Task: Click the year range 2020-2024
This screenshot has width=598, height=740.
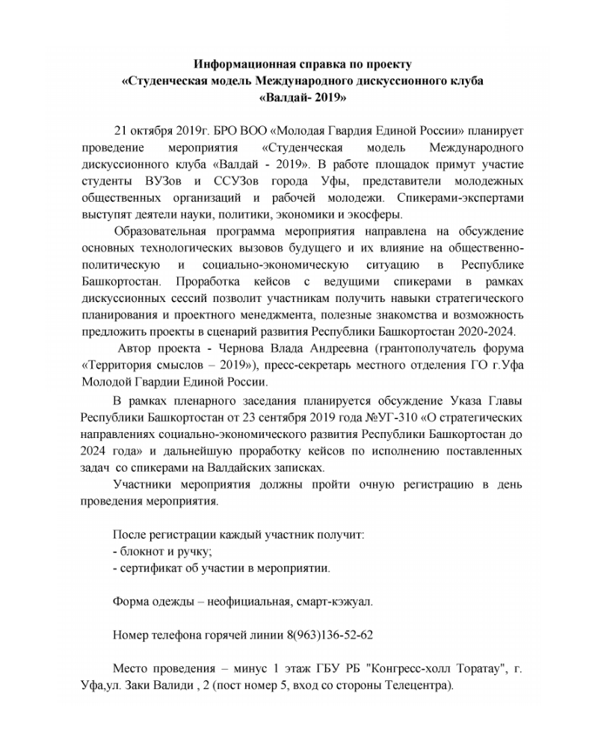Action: (490, 333)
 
